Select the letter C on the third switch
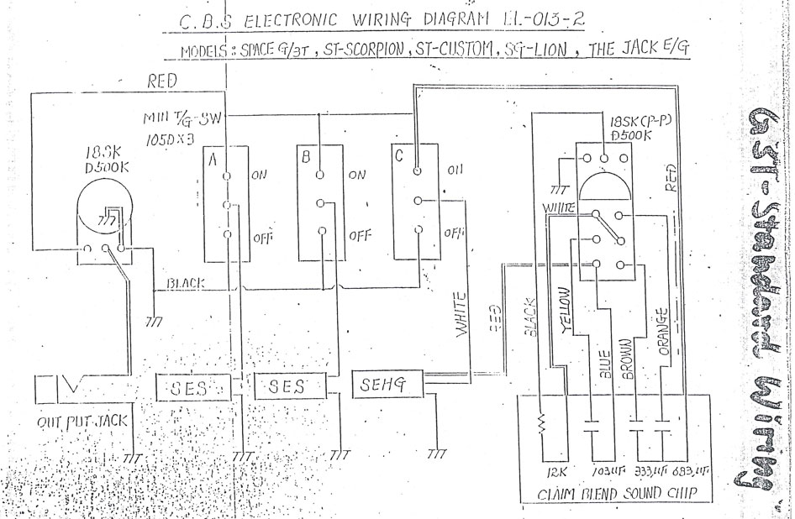point(398,155)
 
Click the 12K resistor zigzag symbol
point(541,424)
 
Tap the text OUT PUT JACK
point(81,422)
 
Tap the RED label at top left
point(163,81)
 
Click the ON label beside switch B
point(357,176)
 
